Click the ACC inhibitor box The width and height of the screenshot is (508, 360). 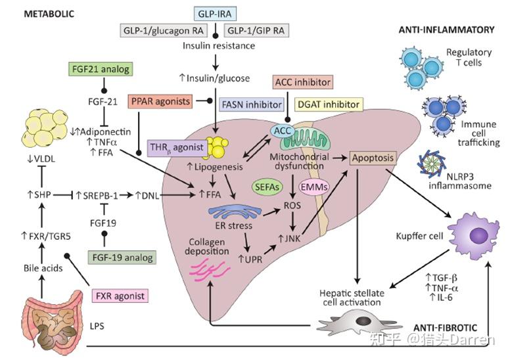(x=302, y=82)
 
